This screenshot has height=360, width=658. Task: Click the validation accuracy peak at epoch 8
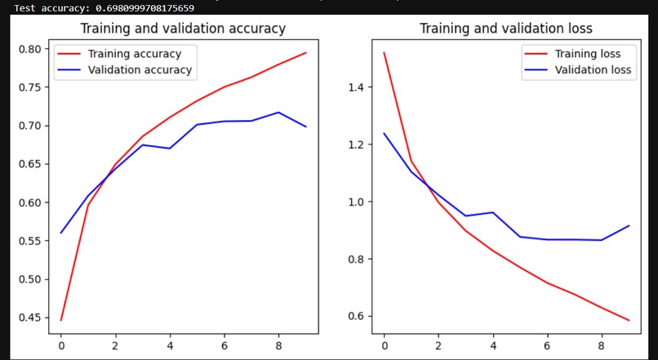tap(278, 113)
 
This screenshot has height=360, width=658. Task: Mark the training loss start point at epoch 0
tap(384, 53)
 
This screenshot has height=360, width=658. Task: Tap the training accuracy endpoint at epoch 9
tap(305, 53)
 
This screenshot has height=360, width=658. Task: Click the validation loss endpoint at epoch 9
tap(629, 225)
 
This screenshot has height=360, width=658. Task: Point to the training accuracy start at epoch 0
tap(60, 320)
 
